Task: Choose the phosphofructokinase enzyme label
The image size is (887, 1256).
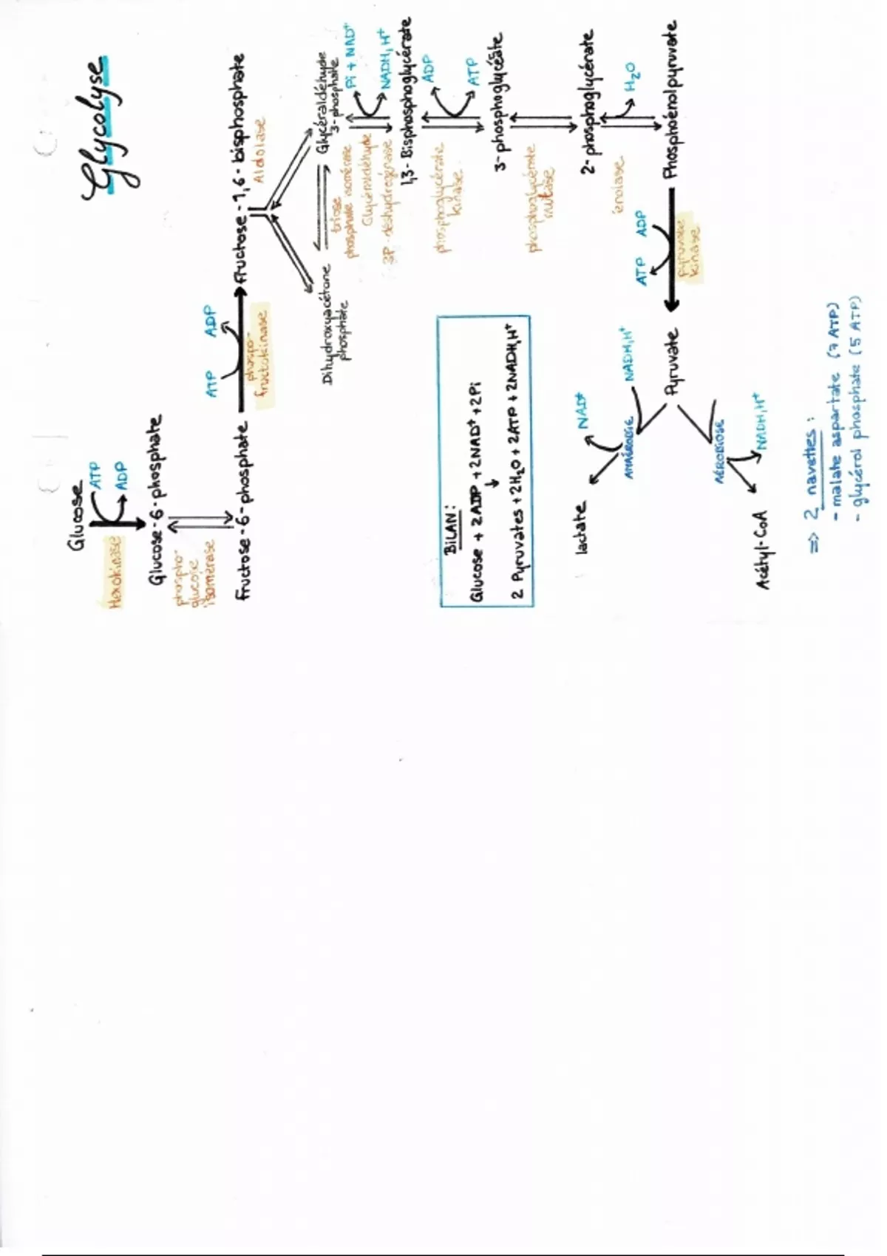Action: coord(259,355)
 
